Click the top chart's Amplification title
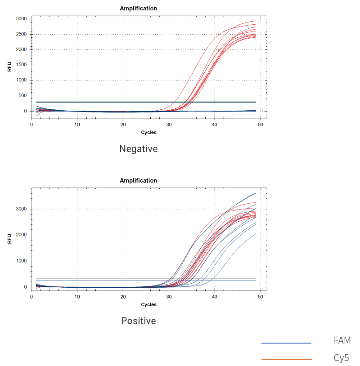tap(138, 8)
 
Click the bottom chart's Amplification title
tap(138, 180)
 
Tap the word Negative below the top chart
tap(138, 148)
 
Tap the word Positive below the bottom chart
tap(138, 321)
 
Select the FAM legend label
tap(342, 340)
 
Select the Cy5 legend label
tap(341, 358)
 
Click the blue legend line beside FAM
tap(286, 343)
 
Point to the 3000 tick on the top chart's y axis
tap(21, 19)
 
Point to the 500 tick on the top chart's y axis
tap(22, 96)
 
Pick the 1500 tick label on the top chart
tap(21, 65)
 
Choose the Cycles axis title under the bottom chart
tap(148, 304)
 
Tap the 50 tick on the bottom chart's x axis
tap(261, 297)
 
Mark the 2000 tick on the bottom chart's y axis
tap(21, 235)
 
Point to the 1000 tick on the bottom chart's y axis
tap(21, 261)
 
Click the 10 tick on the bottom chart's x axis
tap(77, 297)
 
